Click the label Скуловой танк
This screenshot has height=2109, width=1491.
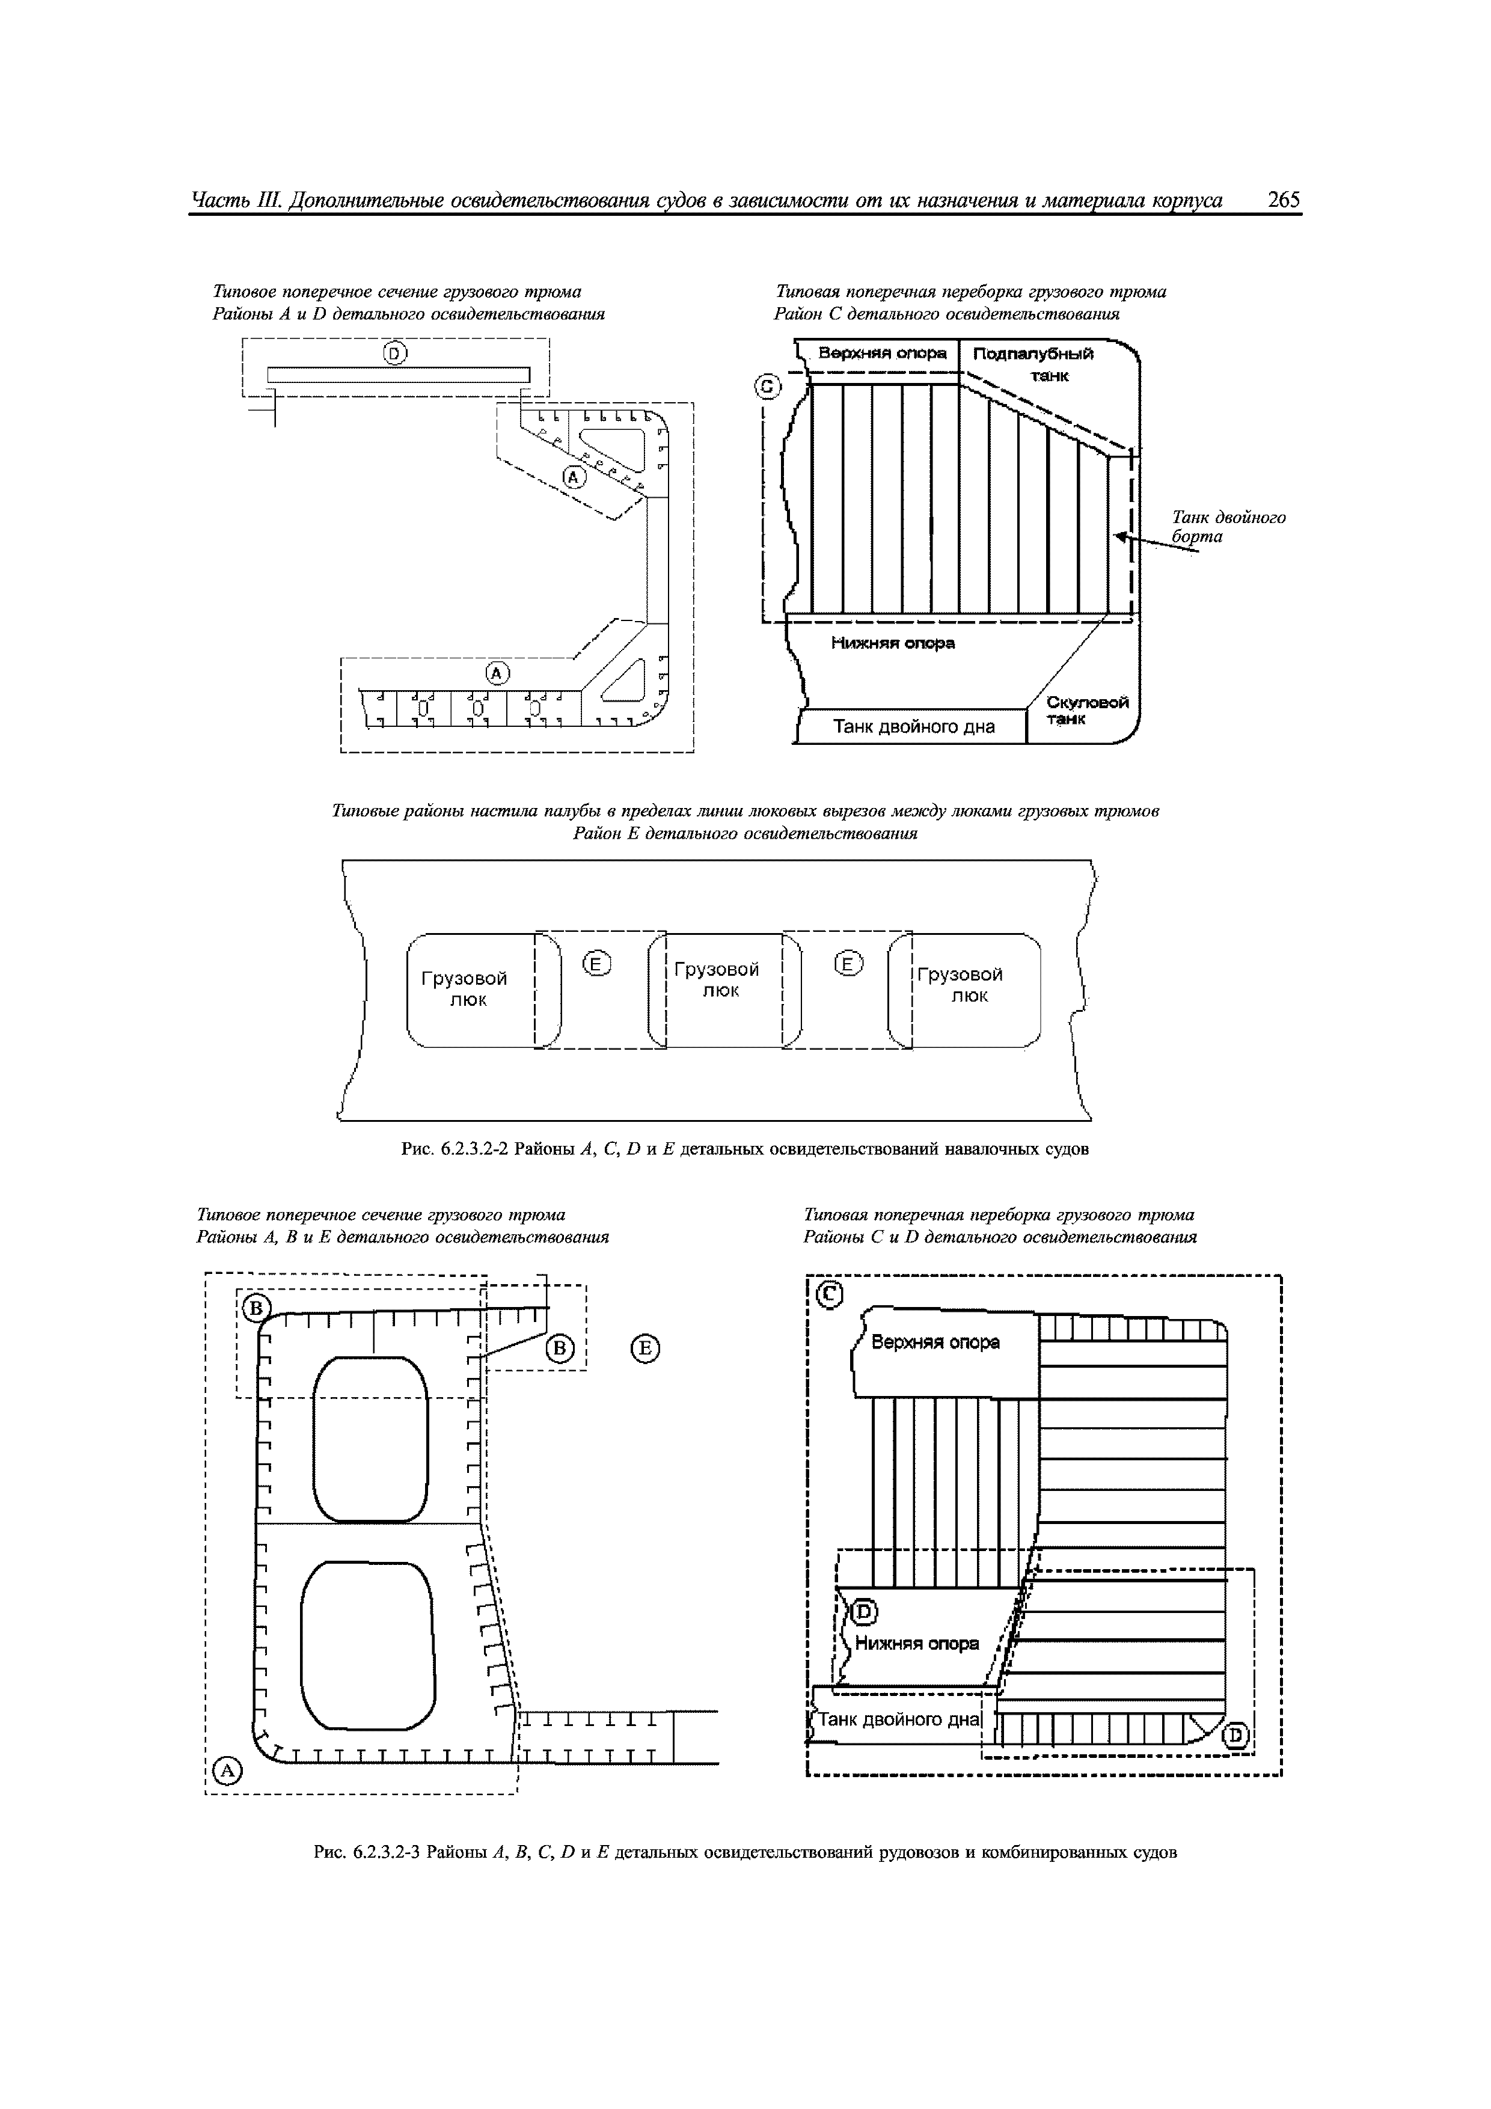pyautogui.click(x=1087, y=710)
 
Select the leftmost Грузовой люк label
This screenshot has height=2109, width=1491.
pyautogui.click(x=465, y=987)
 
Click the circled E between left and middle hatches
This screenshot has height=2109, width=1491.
pyautogui.click(x=597, y=964)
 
